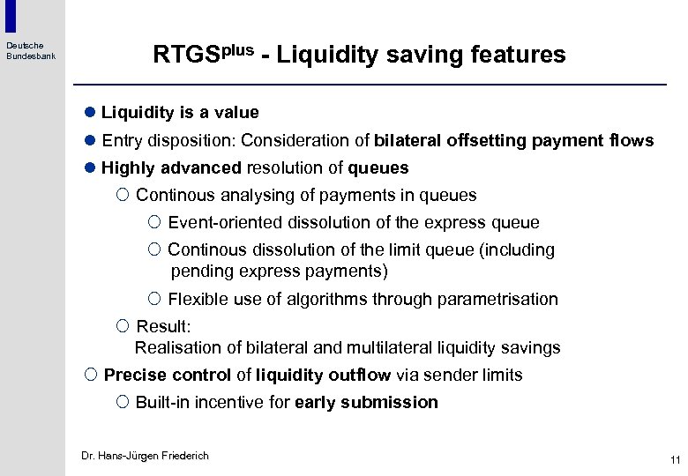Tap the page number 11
click(x=675, y=459)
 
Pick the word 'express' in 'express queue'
click(x=460, y=223)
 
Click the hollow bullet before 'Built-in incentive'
click(x=123, y=403)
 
